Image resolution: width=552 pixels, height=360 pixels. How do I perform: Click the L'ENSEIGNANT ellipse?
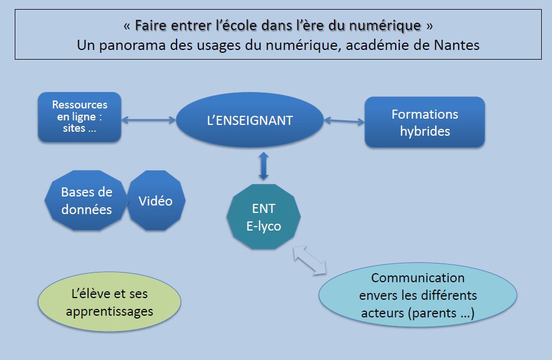[x=250, y=120]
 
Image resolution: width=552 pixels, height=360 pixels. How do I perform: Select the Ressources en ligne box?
[x=80, y=116]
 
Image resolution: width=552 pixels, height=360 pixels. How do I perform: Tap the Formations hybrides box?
[x=424, y=122]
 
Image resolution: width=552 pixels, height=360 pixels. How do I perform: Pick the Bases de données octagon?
[x=86, y=200]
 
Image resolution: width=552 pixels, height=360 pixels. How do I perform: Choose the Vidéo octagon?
[x=156, y=200]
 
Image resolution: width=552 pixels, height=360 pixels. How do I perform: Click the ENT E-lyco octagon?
[x=264, y=217]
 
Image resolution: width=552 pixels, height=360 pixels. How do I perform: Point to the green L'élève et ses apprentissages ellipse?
[x=109, y=303]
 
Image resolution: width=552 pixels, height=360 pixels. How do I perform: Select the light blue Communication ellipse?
[x=417, y=295]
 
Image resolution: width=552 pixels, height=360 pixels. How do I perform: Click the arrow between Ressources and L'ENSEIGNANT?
[x=149, y=119]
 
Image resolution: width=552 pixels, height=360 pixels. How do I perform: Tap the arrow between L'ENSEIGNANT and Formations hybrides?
[x=344, y=120]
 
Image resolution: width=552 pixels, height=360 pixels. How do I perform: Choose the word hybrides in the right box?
[x=425, y=131]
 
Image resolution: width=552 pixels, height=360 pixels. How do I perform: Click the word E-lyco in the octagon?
[x=264, y=225]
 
